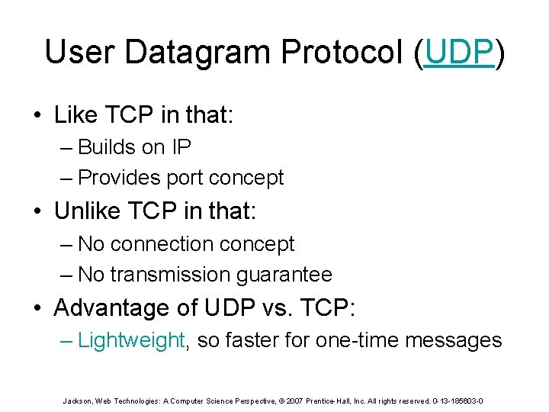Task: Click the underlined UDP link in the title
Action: click(x=459, y=52)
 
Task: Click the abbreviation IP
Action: click(x=181, y=146)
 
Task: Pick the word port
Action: click(x=181, y=177)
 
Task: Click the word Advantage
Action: click(x=110, y=308)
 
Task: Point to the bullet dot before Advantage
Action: click(x=37, y=308)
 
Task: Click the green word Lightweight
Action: click(x=131, y=340)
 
